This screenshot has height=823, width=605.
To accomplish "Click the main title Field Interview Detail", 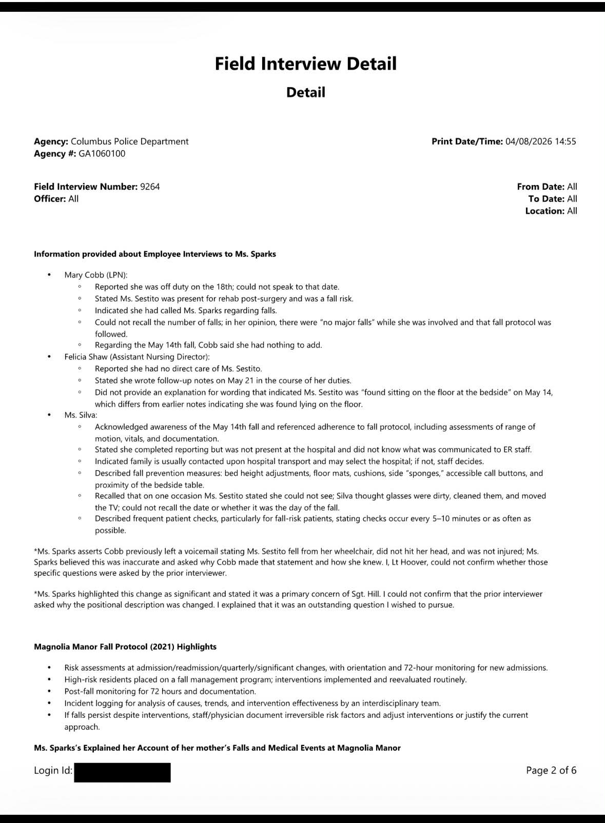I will click(305, 64).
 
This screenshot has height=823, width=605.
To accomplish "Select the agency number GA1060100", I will click(102, 154).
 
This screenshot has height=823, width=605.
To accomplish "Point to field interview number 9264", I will click(150, 187).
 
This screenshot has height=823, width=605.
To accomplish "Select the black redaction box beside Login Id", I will click(122, 772).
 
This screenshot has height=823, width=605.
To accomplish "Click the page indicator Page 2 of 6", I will click(551, 770).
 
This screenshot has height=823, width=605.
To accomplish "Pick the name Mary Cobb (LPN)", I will click(96, 275).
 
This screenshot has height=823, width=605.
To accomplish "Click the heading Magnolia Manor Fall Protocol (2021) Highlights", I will click(125, 647).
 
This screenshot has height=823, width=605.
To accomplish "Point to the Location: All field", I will click(551, 211).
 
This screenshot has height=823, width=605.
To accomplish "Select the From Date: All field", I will click(547, 187).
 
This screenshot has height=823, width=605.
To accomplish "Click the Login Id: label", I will click(53, 770).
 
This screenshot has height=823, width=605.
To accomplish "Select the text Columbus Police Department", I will click(129, 142).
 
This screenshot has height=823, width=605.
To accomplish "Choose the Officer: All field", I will click(56, 199).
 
